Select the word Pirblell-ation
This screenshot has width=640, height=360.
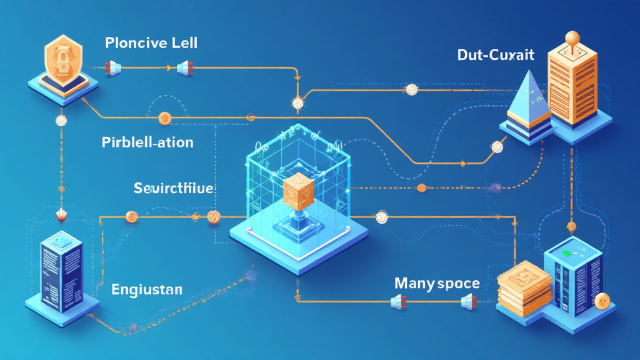tap(147, 142)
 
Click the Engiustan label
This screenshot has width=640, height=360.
tap(147, 289)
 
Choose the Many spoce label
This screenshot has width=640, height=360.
tap(437, 283)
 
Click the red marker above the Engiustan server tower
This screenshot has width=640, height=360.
tap(61, 216)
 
